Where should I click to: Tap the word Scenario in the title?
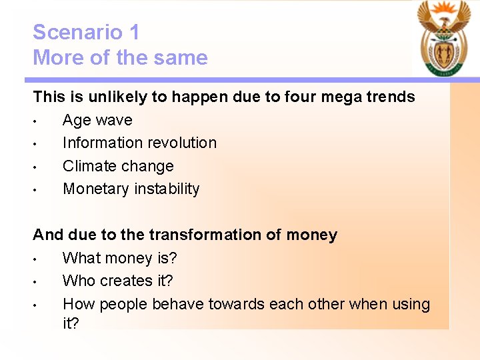coord(77,32)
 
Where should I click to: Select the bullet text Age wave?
coord(97,121)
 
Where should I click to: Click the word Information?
coord(104,143)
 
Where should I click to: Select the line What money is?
coord(119,258)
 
